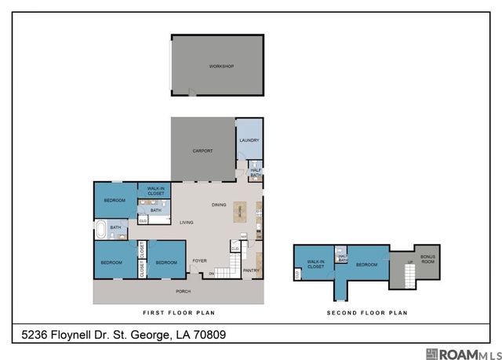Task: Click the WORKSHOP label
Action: pos(221,67)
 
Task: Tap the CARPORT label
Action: pos(203,151)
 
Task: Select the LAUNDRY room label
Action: pos(249,141)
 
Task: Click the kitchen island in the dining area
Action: pos(239,212)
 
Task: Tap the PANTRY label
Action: pos(251,271)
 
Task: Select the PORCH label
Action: pos(183,292)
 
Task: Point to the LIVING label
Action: pos(187,223)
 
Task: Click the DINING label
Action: pos(219,205)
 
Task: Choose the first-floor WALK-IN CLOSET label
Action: pos(155,191)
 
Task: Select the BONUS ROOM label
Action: pos(427,258)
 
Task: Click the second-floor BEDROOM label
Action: pos(366,264)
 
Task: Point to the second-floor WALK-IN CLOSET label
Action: pos(316,264)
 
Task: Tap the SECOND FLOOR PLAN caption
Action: pos(367,312)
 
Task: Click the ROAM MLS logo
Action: pos(461,354)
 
